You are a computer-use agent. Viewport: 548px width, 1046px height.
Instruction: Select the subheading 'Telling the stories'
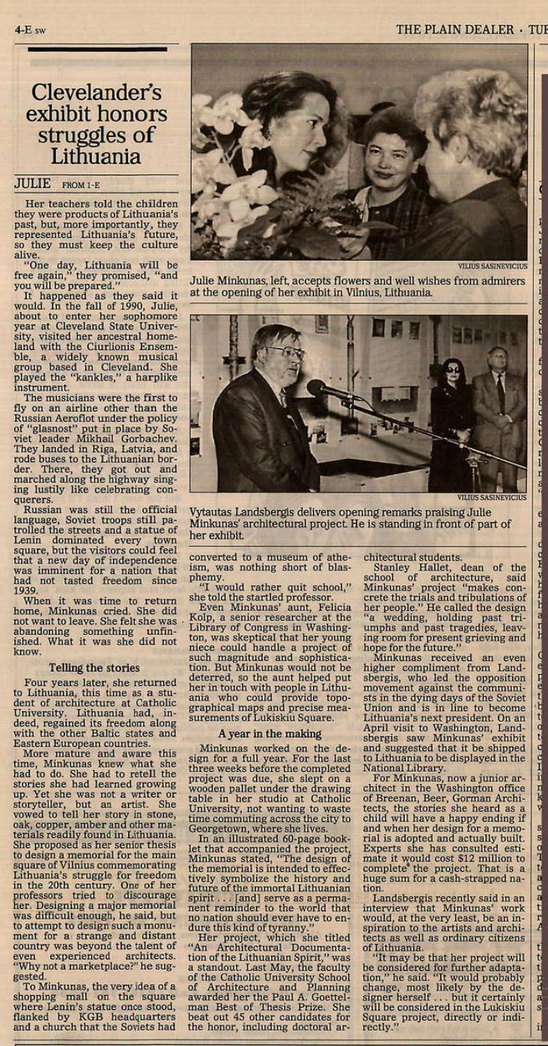(94, 668)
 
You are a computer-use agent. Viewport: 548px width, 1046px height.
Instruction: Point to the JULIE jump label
(33, 183)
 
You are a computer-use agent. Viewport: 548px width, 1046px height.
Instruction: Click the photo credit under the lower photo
(493, 497)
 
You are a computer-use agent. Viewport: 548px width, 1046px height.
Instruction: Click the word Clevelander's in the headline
(96, 93)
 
